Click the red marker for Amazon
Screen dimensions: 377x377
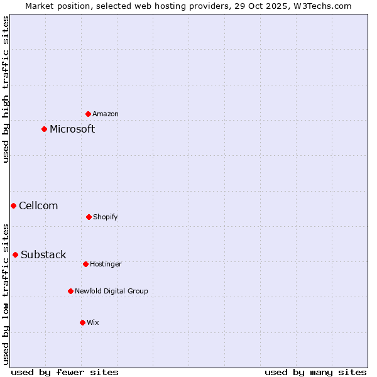(89, 114)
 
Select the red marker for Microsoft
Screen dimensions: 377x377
(44, 129)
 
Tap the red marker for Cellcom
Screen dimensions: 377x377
(13, 205)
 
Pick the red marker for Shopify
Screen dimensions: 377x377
(89, 217)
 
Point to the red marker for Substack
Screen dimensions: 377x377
(15, 254)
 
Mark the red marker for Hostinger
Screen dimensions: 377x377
(85, 264)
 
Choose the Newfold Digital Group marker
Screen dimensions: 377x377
(70, 291)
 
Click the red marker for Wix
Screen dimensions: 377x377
(82, 322)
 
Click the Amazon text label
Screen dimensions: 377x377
(106, 114)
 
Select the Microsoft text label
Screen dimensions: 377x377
(72, 129)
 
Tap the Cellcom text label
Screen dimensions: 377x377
(38, 206)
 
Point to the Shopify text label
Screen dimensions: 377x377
(106, 217)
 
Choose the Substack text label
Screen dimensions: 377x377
(43, 255)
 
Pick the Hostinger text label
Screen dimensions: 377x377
(106, 264)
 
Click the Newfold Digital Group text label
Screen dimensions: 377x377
(111, 291)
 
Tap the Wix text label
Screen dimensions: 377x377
(93, 322)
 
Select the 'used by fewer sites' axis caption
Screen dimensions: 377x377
(65, 372)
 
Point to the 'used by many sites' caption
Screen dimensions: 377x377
(315, 372)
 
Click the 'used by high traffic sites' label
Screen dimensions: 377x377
(6, 89)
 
